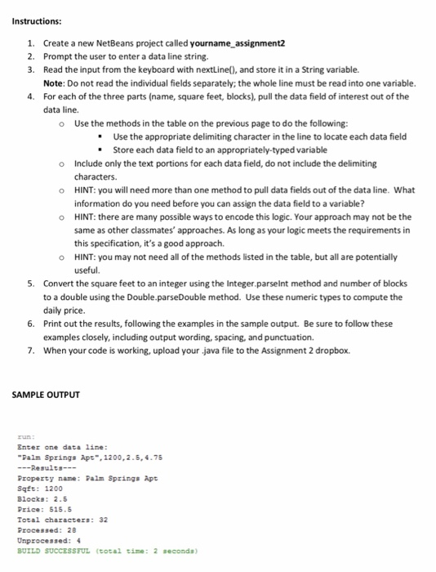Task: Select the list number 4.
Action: (30, 96)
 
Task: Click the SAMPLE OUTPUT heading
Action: (45, 395)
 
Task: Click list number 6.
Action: (30, 323)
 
